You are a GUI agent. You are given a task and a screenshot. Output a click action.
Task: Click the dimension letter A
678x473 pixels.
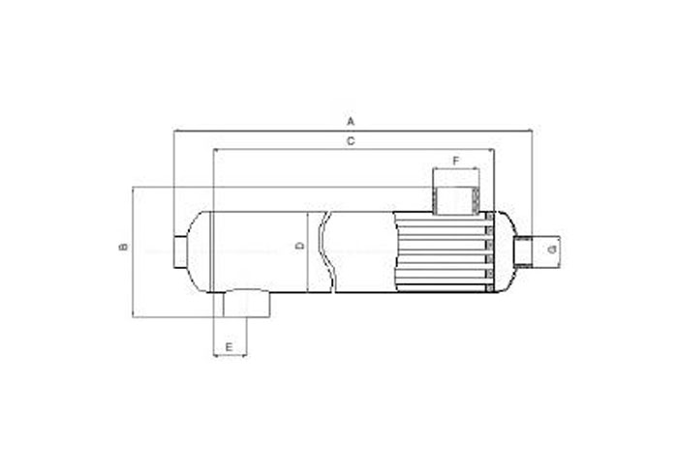351,121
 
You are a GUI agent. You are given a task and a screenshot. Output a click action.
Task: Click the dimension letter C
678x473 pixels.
351,141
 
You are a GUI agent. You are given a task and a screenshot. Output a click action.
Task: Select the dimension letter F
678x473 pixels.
456,162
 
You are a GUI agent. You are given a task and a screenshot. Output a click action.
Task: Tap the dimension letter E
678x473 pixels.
230,347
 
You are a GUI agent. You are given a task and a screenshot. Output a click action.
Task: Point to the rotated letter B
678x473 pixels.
124,247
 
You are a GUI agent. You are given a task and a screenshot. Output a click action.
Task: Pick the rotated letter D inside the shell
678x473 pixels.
299,247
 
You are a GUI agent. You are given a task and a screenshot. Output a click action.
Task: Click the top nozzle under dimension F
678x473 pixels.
456,200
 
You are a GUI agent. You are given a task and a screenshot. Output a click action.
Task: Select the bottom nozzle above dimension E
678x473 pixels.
246,303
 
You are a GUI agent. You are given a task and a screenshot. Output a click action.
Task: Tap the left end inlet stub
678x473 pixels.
180,251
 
